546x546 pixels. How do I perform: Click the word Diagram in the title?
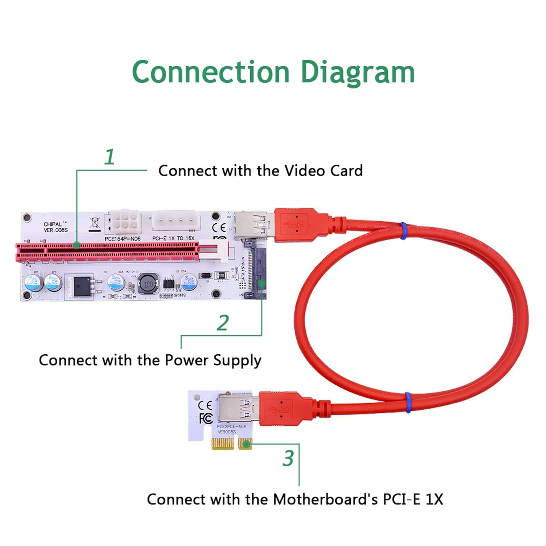pyautogui.click(x=358, y=72)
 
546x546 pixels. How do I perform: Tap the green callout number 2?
pyautogui.click(x=223, y=323)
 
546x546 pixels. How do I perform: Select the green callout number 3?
pyautogui.click(x=288, y=458)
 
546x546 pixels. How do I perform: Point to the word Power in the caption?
pyautogui.click(x=187, y=360)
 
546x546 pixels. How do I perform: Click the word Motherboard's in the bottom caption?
pyautogui.click(x=325, y=499)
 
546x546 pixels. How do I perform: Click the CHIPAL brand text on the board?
pyautogui.click(x=53, y=224)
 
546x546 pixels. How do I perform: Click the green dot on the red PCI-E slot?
pyautogui.click(x=77, y=245)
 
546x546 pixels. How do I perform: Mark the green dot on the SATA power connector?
pyautogui.click(x=262, y=283)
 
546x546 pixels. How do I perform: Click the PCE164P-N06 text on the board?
pyautogui.click(x=122, y=239)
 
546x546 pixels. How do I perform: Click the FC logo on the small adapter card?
pyautogui.click(x=206, y=418)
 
